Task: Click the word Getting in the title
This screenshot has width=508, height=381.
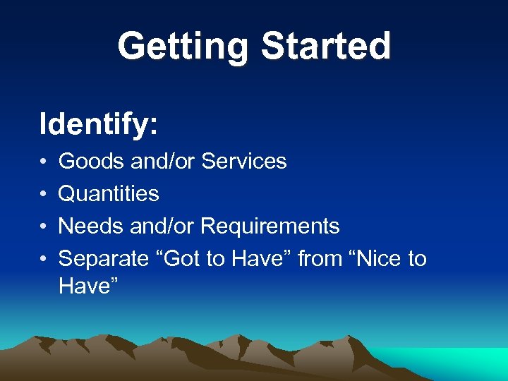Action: click(x=183, y=47)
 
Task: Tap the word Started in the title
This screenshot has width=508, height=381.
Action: click(x=325, y=47)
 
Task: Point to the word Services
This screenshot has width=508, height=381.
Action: click(x=244, y=162)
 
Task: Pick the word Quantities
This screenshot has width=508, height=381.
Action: click(x=109, y=194)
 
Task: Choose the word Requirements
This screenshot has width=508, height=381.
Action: click(x=270, y=226)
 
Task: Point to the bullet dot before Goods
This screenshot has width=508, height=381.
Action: click(x=44, y=162)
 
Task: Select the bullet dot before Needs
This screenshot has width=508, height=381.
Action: click(x=44, y=227)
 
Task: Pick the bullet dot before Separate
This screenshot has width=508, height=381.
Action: click(x=44, y=260)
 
